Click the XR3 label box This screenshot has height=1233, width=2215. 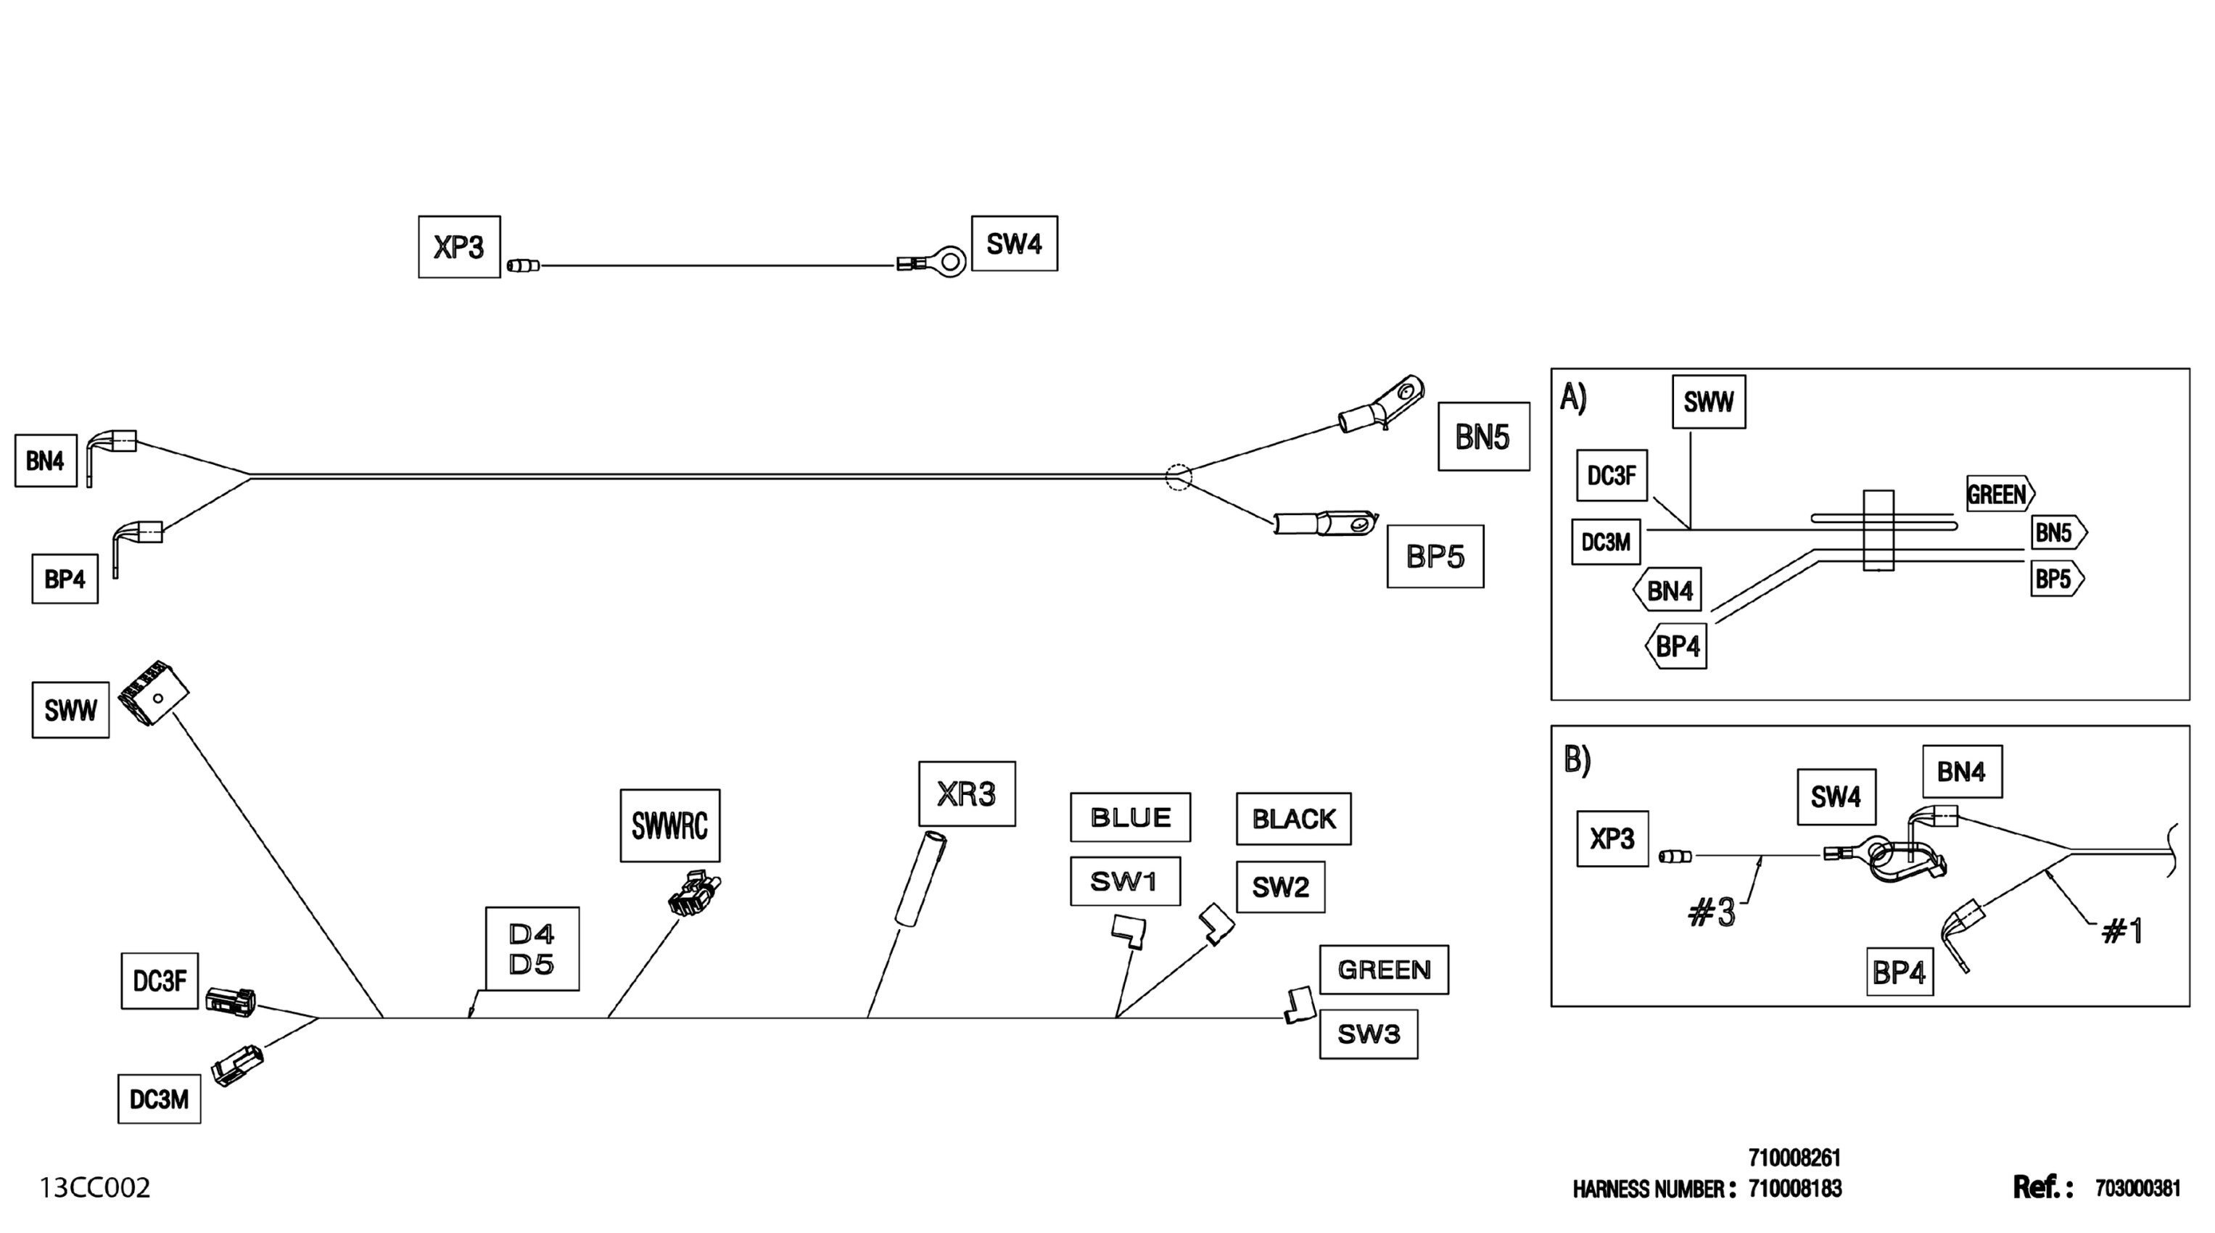[x=967, y=793]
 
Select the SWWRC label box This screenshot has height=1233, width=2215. [x=670, y=825]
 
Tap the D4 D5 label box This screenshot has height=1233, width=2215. [x=532, y=949]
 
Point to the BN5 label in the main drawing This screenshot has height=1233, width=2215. [x=1483, y=437]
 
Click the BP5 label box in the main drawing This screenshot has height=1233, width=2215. [x=1435, y=556]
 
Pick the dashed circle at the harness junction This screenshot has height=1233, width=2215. [x=1178, y=477]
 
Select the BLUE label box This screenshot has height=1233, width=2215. [x=1130, y=817]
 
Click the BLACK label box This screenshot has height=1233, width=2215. [x=1293, y=819]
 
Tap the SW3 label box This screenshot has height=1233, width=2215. [x=1368, y=1034]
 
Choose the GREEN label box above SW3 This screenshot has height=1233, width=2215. [x=1384, y=970]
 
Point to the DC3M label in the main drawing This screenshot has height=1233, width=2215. [x=159, y=1099]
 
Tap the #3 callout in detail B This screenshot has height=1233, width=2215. [x=1711, y=913]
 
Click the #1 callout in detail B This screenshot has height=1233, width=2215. [x=2122, y=931]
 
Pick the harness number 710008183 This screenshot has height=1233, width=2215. [x=1794, y=1189]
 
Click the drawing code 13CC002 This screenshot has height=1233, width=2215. [x=94, y=1187]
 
